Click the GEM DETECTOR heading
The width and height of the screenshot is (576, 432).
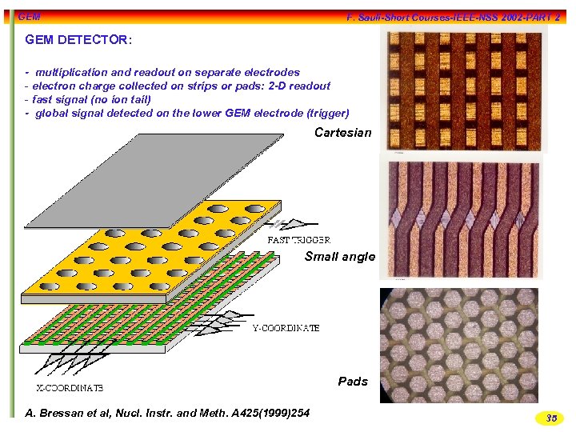[78, 39]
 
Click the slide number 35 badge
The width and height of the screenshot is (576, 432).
[550, 418]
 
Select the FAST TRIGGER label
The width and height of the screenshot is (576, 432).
[298, 239]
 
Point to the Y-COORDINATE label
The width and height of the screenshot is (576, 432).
[286, 328]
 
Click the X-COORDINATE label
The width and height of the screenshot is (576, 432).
[69, 388]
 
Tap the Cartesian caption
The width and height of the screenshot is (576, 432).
[342, 133]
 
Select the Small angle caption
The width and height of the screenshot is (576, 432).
[339, 257]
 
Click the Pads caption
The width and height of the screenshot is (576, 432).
[353, 381]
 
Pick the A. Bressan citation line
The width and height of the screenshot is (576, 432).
[167, 413]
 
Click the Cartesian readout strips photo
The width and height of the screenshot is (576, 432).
[462, 91]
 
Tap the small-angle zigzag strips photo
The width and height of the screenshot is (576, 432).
[462, 218]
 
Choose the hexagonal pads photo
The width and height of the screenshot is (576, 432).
[458, 344]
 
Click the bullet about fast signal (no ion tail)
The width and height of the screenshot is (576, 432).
[88, 99]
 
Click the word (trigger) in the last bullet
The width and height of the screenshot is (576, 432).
[328, 113]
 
